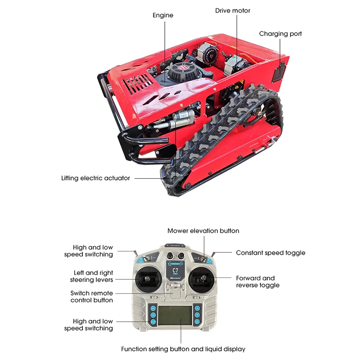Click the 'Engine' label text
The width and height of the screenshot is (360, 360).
point(163,15)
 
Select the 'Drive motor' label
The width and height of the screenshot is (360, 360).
point(233,10)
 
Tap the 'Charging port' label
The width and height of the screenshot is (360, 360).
point(280,34)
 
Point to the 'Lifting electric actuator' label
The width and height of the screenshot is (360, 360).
point(95,178)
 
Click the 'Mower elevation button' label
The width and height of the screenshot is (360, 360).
point(203,231)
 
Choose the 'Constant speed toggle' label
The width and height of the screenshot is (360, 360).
point(270,253)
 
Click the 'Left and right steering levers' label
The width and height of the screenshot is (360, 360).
point(91,276)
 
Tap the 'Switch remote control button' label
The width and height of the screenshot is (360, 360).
point(91,297)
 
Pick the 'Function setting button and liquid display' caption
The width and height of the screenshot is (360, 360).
point(183,349)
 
